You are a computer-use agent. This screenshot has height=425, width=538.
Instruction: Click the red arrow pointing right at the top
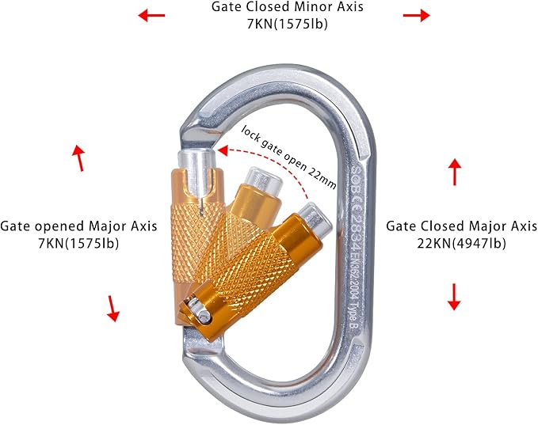click(x=414, y=14)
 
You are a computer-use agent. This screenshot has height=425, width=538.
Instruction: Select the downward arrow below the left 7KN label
click(x=113, y=307)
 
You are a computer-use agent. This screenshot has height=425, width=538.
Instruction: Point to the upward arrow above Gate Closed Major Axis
click(x=454, y=171)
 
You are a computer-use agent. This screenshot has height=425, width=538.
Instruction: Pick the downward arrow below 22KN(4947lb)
click(x=454, y=297)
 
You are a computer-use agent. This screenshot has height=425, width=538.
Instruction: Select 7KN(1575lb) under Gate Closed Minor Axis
click(x=286, y=24)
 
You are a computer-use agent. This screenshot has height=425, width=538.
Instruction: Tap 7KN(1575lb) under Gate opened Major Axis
click(x=78, y=243)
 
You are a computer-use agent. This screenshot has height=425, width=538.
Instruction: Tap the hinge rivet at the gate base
click(x=204, y=317)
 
